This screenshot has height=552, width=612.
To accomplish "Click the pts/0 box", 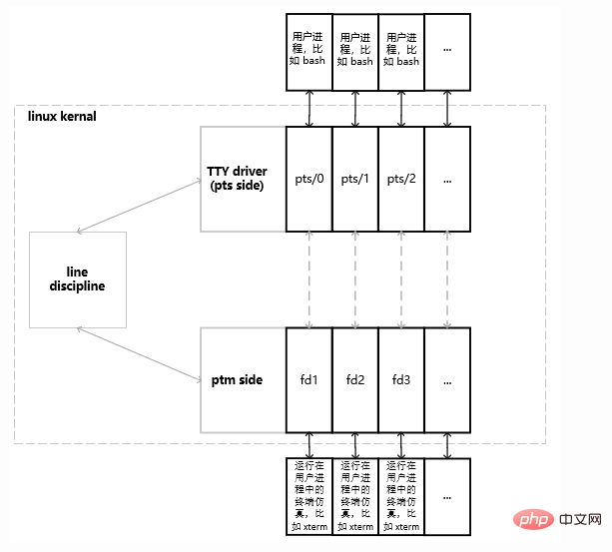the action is coord(309,179).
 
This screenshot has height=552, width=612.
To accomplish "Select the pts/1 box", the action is coord(355,179).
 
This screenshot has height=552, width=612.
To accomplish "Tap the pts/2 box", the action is coord(401,179).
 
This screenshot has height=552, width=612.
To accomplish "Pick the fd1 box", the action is coord(309,380).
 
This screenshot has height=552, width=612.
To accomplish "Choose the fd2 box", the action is coord(355,380).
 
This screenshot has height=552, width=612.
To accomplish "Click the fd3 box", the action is coord(401,380).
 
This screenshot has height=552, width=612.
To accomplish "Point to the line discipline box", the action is coord(78,279).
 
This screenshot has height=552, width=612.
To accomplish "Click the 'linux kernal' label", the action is coord(62,116).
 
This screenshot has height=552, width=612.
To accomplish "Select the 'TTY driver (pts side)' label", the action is coord(237,178).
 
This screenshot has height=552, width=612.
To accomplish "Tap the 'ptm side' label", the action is coord(237,380).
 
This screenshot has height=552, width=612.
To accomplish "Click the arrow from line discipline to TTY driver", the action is coord(139,207).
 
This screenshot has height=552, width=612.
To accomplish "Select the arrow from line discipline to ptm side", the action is coord(139,353).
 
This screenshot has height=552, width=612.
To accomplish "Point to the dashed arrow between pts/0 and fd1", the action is coord(309,279).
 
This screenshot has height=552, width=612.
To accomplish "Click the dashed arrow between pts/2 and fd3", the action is coord(401,279).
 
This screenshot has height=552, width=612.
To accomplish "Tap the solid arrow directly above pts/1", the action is coord(355,109).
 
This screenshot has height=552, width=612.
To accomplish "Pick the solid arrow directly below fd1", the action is coord(309,445).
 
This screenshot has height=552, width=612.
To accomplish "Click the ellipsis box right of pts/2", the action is coord(447,179).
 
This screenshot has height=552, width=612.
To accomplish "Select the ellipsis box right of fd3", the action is coord(447,380).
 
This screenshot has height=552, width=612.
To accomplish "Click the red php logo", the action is coord(533,519).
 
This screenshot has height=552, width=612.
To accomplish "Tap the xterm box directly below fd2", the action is coord(355,497).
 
